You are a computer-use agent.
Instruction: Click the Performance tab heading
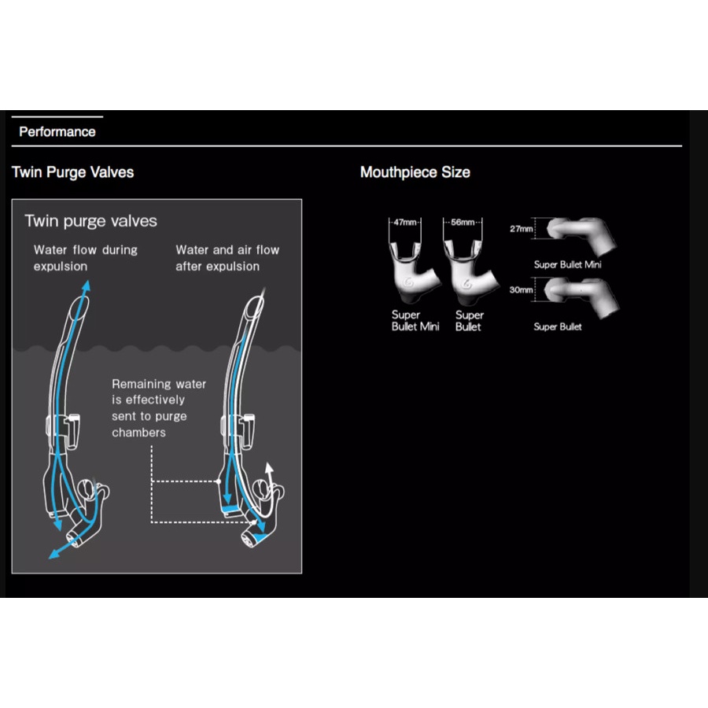pos(57,132)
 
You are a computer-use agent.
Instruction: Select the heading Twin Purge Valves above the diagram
pos(72,172)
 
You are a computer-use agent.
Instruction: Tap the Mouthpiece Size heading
pos(415,172)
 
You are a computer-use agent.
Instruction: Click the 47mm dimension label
pos(405,222)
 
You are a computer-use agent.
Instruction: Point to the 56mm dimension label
pos(463,222)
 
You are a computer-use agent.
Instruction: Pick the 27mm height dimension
pos(521,229)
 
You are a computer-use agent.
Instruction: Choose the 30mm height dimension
pos(521,289)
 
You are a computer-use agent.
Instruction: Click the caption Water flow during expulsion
pos(85,258)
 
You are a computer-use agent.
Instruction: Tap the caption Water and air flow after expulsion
pos(227,258)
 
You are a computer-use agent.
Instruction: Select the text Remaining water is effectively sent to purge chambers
pos(159,408)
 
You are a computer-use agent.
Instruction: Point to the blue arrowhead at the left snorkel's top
pos(87,286)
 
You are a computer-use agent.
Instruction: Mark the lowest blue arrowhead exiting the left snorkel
pos(53,554)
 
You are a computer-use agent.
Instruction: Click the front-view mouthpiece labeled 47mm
pos(413,272)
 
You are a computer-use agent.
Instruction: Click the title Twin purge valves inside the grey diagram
pos(90,221)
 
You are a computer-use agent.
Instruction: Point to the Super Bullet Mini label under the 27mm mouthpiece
pos(567,264)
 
